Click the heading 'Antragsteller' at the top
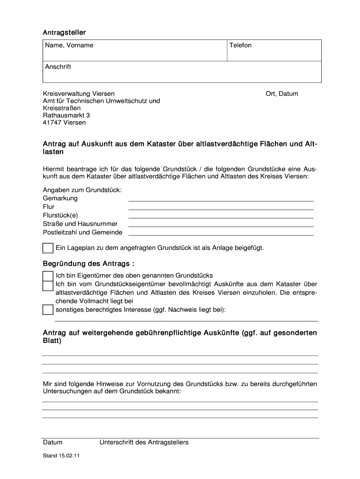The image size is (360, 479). click(65, 32)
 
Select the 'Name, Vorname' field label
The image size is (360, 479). click(69, 45)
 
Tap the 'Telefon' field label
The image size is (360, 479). click(240, 45)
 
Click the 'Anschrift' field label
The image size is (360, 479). click(58, 67)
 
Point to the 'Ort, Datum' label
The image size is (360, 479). click(281, 94)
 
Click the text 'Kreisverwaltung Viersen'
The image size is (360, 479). click(79, 94)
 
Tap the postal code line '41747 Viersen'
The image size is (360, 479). click(65, 123)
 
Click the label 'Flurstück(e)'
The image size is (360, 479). click(60, 215)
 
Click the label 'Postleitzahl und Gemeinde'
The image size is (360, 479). click(83, 232)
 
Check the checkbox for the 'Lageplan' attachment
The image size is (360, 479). click(48, 248)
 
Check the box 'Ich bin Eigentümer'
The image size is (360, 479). click(48, 276)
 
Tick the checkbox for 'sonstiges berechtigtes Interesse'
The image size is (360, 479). click(48, 310)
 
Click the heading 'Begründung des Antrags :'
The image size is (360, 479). click(85, 264)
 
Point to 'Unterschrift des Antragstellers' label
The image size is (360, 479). click(144, 443)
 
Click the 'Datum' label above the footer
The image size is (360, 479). click(52, 443)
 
